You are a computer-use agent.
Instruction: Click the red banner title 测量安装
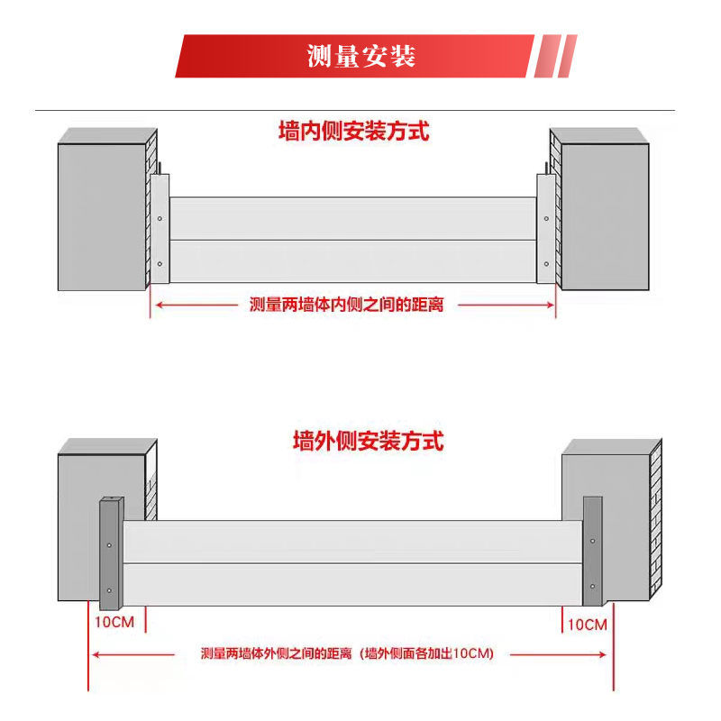coord(360,56)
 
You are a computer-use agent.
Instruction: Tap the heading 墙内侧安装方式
coord(353,132)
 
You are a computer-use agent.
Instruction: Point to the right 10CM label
coord(587,624)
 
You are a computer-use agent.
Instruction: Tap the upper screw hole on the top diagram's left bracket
coord(160,218)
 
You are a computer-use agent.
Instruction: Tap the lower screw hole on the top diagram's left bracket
coord(160,264)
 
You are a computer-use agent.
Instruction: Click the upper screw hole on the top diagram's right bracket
coord(545,218)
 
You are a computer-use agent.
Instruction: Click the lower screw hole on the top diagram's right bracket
coord(545,264)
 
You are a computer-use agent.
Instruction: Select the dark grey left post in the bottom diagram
coord(110,550)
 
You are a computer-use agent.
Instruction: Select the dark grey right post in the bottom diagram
coord(592,550)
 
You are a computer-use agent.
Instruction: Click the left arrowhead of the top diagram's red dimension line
coord(156,305)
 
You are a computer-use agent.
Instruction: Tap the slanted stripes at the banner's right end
coord(556,56)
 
